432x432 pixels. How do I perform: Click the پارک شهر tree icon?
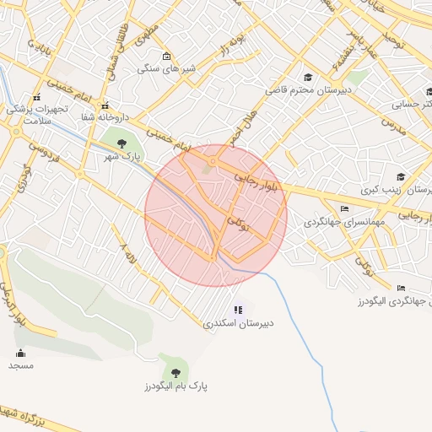point(123,143)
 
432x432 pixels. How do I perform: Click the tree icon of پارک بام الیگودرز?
point(175,370)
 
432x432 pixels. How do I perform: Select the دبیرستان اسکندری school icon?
point(238,310)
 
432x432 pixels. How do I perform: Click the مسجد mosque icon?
point(21,353)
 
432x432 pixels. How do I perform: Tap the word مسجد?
point(21,365)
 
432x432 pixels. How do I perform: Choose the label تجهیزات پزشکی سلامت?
point(35,115)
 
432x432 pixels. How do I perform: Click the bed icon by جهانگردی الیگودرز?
point(401,288)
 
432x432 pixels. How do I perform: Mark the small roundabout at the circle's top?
point(213,160)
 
